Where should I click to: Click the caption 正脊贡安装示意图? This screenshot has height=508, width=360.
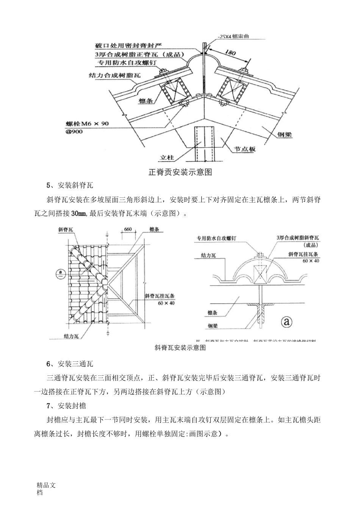click(x=180, y=172)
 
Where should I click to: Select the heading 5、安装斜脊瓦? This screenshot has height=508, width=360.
click(x=70, y=185)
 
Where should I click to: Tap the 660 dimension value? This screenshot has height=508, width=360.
click(x=128, y=229)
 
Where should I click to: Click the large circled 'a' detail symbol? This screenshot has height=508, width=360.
click(x=287, y=322)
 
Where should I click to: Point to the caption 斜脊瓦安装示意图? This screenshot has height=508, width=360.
click(x=180, y=347)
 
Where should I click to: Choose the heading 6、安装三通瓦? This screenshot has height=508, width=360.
click(x=70, y=364)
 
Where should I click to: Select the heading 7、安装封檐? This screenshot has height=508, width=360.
click(x=66, y=406)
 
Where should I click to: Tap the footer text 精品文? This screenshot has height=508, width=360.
click(x=46, y=485)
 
